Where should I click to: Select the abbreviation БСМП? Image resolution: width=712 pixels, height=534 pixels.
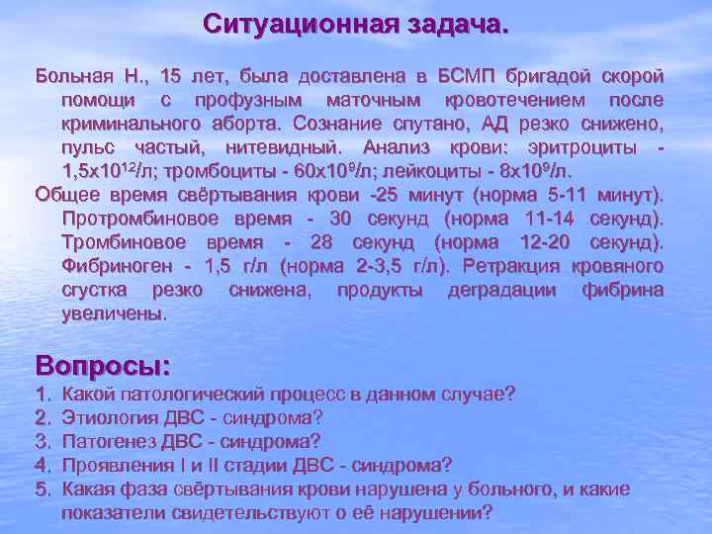468,76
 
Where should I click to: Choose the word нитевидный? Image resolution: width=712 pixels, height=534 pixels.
289,147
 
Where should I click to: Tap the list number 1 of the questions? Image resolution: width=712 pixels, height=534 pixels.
42,395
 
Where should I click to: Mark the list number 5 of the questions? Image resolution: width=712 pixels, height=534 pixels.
42,489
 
